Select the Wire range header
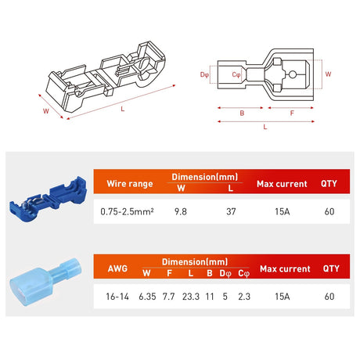point(124,184)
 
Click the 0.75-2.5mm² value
point(128,211)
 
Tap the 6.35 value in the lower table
point(146,296)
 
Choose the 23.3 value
point(189,296)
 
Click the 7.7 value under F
point(167,296)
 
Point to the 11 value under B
point(210,296)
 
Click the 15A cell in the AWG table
point(285,296)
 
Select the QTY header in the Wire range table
point(329,184)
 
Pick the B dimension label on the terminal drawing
point(243,112)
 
